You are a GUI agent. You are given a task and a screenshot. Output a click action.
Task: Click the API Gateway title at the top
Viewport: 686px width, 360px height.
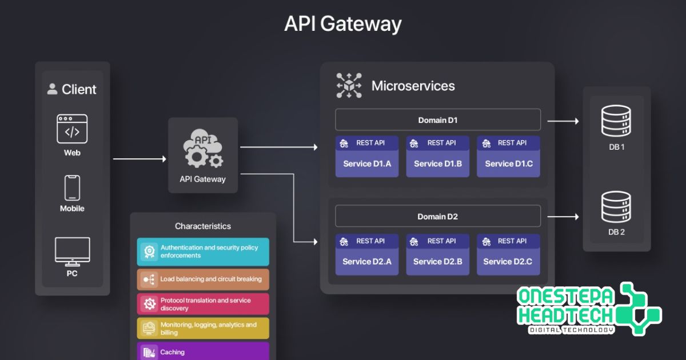(343, 24)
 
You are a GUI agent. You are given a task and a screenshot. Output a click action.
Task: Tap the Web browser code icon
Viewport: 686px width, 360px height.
(72, 129)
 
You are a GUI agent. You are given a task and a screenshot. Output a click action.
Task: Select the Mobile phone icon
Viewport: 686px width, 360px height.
(72, 187)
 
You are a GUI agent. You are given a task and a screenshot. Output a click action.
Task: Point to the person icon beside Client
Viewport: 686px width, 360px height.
(53, 89)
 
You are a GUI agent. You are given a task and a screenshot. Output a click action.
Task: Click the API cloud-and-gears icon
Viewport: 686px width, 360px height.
(202, 150)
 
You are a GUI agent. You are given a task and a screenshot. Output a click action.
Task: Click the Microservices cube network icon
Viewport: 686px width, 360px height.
(349, 86)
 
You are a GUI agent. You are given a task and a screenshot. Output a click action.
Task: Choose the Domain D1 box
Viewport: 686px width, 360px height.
(437, 120)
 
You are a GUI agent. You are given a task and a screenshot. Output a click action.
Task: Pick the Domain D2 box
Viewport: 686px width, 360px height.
(437, 217)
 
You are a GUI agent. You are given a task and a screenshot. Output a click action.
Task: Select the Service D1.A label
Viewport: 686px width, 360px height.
(367, 163)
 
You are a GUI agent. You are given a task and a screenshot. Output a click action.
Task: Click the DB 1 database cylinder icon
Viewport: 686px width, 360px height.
(616, 121)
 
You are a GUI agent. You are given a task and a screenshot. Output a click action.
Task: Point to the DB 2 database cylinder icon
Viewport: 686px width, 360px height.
(616, 207)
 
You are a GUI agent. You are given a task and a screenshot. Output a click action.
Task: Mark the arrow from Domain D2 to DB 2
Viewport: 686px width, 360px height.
(563, 217)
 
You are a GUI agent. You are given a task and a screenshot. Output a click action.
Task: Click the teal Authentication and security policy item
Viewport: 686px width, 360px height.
(203, 251)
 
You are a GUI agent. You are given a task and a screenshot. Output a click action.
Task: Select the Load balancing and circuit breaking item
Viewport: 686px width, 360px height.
(203, 279)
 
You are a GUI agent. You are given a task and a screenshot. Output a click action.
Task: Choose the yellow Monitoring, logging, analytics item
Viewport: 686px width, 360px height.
(203, 329)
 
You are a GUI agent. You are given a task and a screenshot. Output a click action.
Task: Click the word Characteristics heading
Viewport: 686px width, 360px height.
(203, 226)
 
